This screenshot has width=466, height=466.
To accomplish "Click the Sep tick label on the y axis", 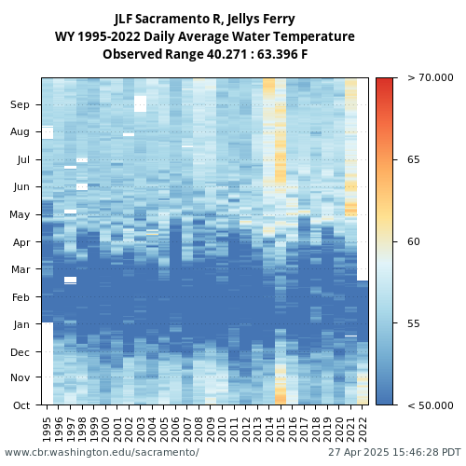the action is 20,104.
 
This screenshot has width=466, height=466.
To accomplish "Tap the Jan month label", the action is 21,324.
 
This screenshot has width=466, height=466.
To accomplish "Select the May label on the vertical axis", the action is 20,214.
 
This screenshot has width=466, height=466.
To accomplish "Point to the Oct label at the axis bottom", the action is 21,405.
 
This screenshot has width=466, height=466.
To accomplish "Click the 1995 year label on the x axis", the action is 47,430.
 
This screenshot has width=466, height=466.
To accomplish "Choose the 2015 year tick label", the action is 281,430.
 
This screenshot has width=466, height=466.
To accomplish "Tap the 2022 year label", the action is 363,430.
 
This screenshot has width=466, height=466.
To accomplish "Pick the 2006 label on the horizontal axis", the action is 175,430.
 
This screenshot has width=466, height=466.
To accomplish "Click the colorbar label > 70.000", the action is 431,77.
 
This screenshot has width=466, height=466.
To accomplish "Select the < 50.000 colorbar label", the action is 431,405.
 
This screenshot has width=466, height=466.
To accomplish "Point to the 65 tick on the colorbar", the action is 414,159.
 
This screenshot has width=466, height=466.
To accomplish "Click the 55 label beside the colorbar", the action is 414,323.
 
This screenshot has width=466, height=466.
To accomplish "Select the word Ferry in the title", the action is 279,19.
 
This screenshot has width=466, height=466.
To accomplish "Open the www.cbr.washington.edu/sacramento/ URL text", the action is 102,452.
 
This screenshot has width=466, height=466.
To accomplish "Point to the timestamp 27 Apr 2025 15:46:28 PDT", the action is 394,452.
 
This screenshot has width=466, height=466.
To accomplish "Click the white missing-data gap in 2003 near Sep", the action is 141,103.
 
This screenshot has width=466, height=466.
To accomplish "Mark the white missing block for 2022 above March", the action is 363,179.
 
